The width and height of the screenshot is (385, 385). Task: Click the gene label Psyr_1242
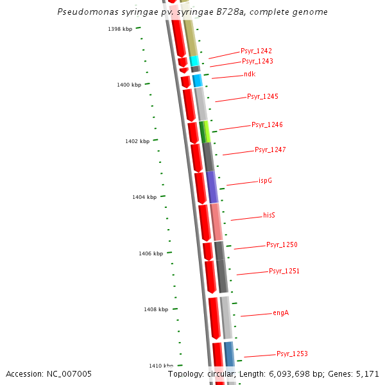[x=256, y=51]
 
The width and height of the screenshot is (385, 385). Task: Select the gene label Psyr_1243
[x=257, y=62]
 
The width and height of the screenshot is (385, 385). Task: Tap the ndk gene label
[x=249, y=74]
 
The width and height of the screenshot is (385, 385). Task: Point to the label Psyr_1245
[x=262, y=97]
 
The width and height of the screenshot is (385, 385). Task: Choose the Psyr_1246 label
[x=267, y=125]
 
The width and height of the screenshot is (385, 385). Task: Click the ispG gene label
[x=265, y=181]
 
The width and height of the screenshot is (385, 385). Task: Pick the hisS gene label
[x=269, y=216]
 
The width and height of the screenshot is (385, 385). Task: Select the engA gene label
[x=280, y=313]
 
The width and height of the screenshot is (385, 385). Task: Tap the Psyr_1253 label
[x=292, y=354]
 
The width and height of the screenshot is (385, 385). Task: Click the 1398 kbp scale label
[x=120, y=29]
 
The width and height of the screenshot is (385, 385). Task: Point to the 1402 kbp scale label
[x=137, y=141]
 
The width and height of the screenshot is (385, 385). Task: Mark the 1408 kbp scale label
[x=156, y=309]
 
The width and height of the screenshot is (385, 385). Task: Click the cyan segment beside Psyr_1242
[x=194, y=61]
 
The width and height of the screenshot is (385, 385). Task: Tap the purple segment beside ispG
[x=212, y=187]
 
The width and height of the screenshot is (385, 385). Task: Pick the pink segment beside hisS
[x=217, y=221]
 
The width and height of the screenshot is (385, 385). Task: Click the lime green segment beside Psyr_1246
[x=207, y=131]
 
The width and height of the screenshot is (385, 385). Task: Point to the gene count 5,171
[x=368, y=373]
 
